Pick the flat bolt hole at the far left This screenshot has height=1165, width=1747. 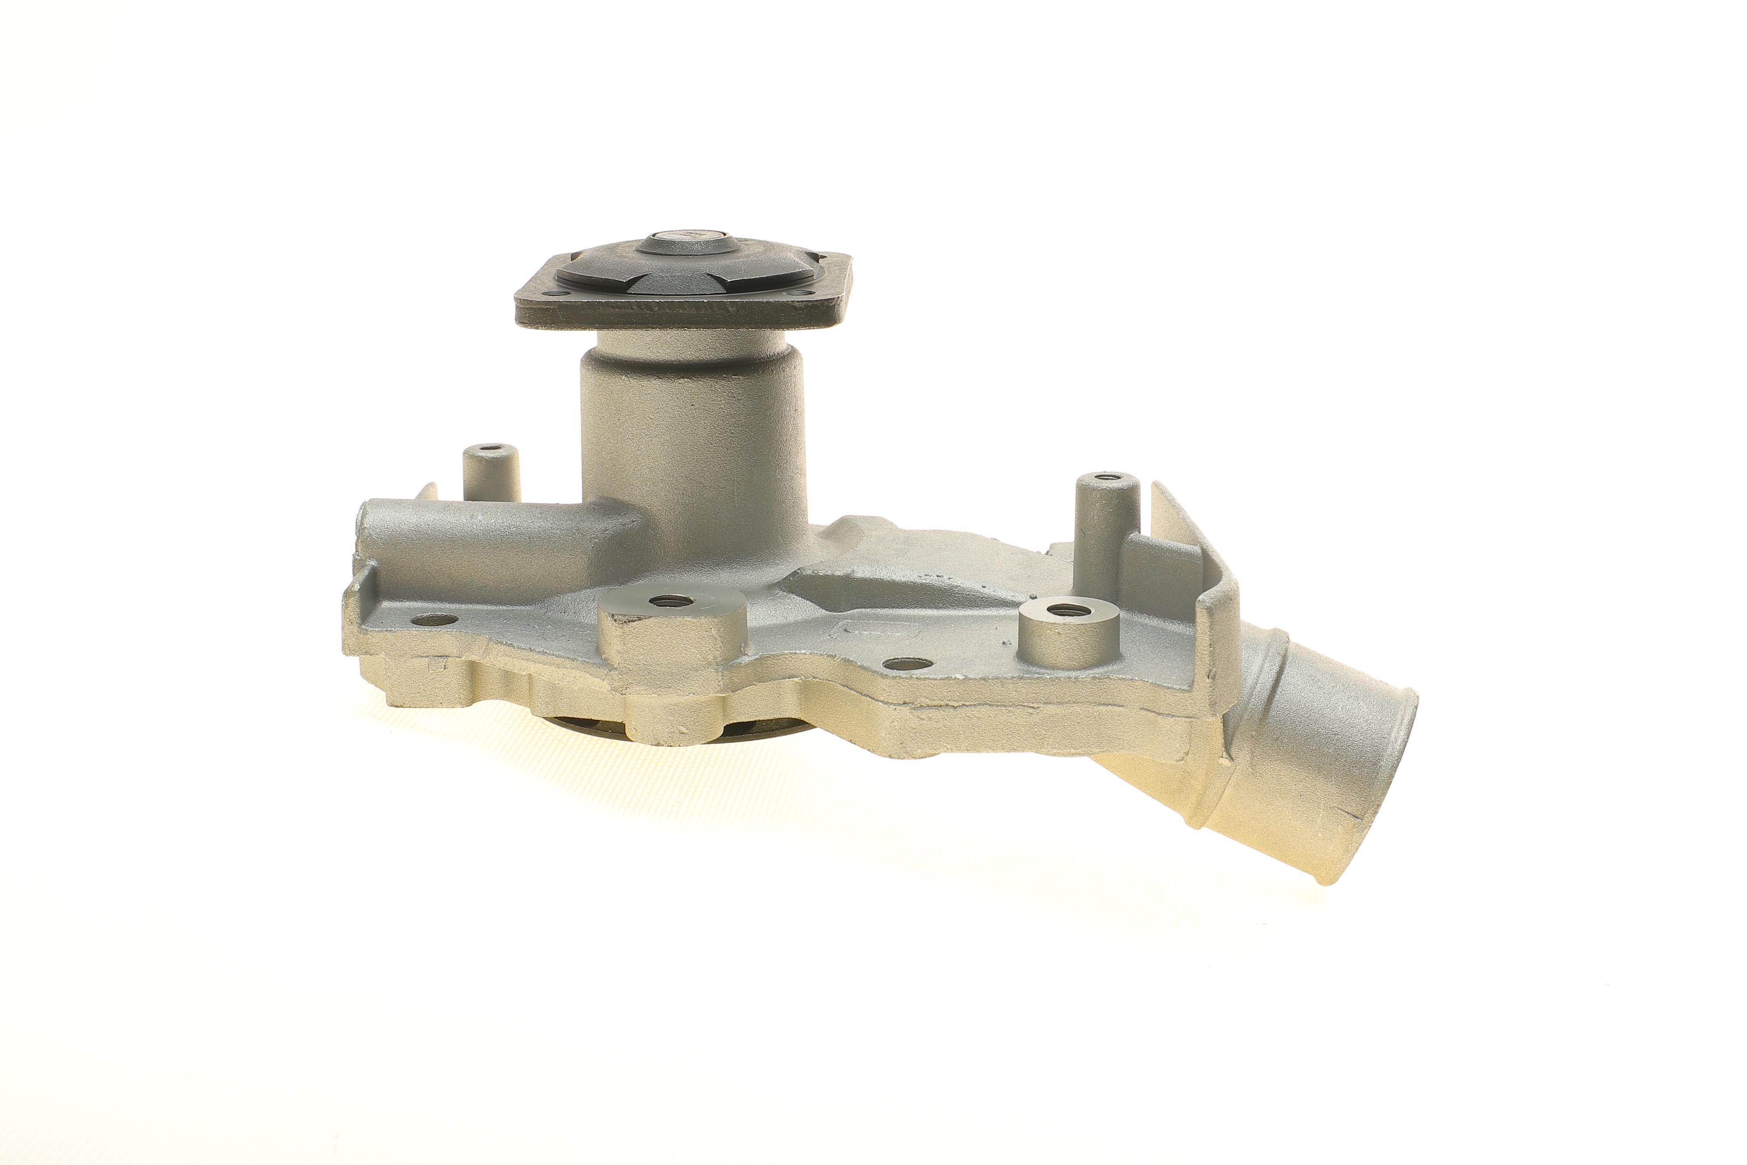tap(434, 619)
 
